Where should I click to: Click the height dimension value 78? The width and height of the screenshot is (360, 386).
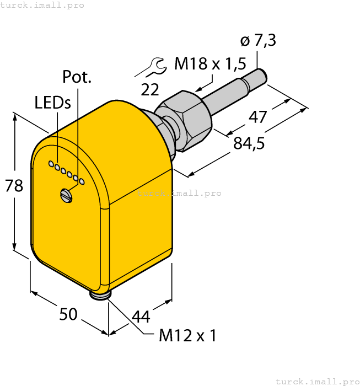[x=14, y=185]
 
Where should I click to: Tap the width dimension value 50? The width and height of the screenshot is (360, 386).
[x=68, y=314]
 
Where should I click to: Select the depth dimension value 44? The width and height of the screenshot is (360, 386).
[x=141, y=317]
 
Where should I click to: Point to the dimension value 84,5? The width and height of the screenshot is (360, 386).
[x=249, y=143]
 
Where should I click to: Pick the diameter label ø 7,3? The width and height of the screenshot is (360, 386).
[x=258, y=40]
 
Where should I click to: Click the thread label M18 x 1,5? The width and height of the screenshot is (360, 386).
[x=209, y=65]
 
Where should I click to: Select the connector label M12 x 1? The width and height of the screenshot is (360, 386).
[x=188, y=335]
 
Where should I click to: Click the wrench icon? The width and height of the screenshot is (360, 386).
[x=152, y=68]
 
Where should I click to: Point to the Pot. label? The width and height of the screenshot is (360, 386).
[x=77, y=77]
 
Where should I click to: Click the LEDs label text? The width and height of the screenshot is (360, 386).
[x=52, y=103]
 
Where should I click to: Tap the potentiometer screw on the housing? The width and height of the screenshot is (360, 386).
[x=66, y=195]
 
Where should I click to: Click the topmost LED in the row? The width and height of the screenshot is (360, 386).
[x=51, y=164]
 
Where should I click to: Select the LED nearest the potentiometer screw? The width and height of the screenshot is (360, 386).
[x=82, y=181]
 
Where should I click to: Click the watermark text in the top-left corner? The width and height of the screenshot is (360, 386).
[x=42, y=5]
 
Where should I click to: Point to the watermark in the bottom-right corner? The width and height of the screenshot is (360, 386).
[x=317, y=381]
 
